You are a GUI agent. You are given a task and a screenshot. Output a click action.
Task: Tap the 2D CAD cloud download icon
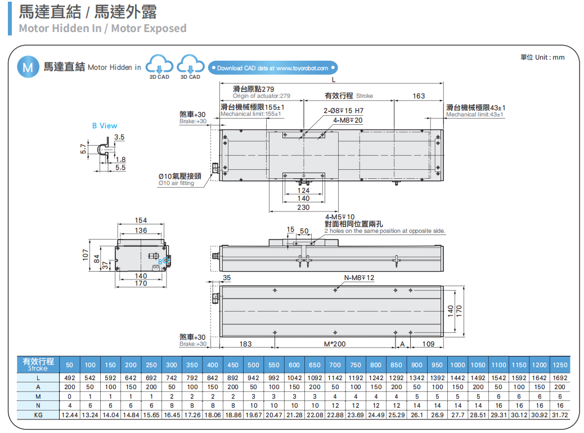click(x=159, y=65)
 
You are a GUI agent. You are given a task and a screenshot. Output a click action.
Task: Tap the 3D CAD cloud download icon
click(x=190, y=65)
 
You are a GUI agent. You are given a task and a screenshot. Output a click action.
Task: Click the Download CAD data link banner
click(x=273, y=68)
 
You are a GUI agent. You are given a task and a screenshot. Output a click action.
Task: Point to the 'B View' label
click(x=105, y=125)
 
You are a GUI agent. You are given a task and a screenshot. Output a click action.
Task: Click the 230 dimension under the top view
click(x=303, y=208)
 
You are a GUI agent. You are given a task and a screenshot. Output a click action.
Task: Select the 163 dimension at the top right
click(x=419, y=96)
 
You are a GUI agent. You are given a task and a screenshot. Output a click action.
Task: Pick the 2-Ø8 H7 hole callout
click(x=343, y=111)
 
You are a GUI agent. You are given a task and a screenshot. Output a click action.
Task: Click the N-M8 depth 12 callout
click(x=359, y=278)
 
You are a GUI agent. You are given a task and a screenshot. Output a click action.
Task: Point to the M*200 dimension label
click(x=335, y=344)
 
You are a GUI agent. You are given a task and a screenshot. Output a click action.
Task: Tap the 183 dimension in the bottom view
click(x=246, y=344)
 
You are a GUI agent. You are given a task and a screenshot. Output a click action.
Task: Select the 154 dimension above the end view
click(x=141, y=220)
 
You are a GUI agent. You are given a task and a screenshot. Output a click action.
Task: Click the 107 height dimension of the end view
click(x=86, y=255)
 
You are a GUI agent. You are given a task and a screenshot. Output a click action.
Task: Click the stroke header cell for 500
click(x=253, y=365)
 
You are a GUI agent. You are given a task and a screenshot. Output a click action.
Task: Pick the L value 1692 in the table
click(x=559, y=378)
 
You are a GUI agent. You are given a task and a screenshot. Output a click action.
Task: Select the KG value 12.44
click(x=70, y=414)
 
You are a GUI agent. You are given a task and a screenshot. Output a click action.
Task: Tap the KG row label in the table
click(x=38, y=414)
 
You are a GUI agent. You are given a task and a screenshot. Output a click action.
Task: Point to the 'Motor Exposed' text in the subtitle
click(x=149, y=28)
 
